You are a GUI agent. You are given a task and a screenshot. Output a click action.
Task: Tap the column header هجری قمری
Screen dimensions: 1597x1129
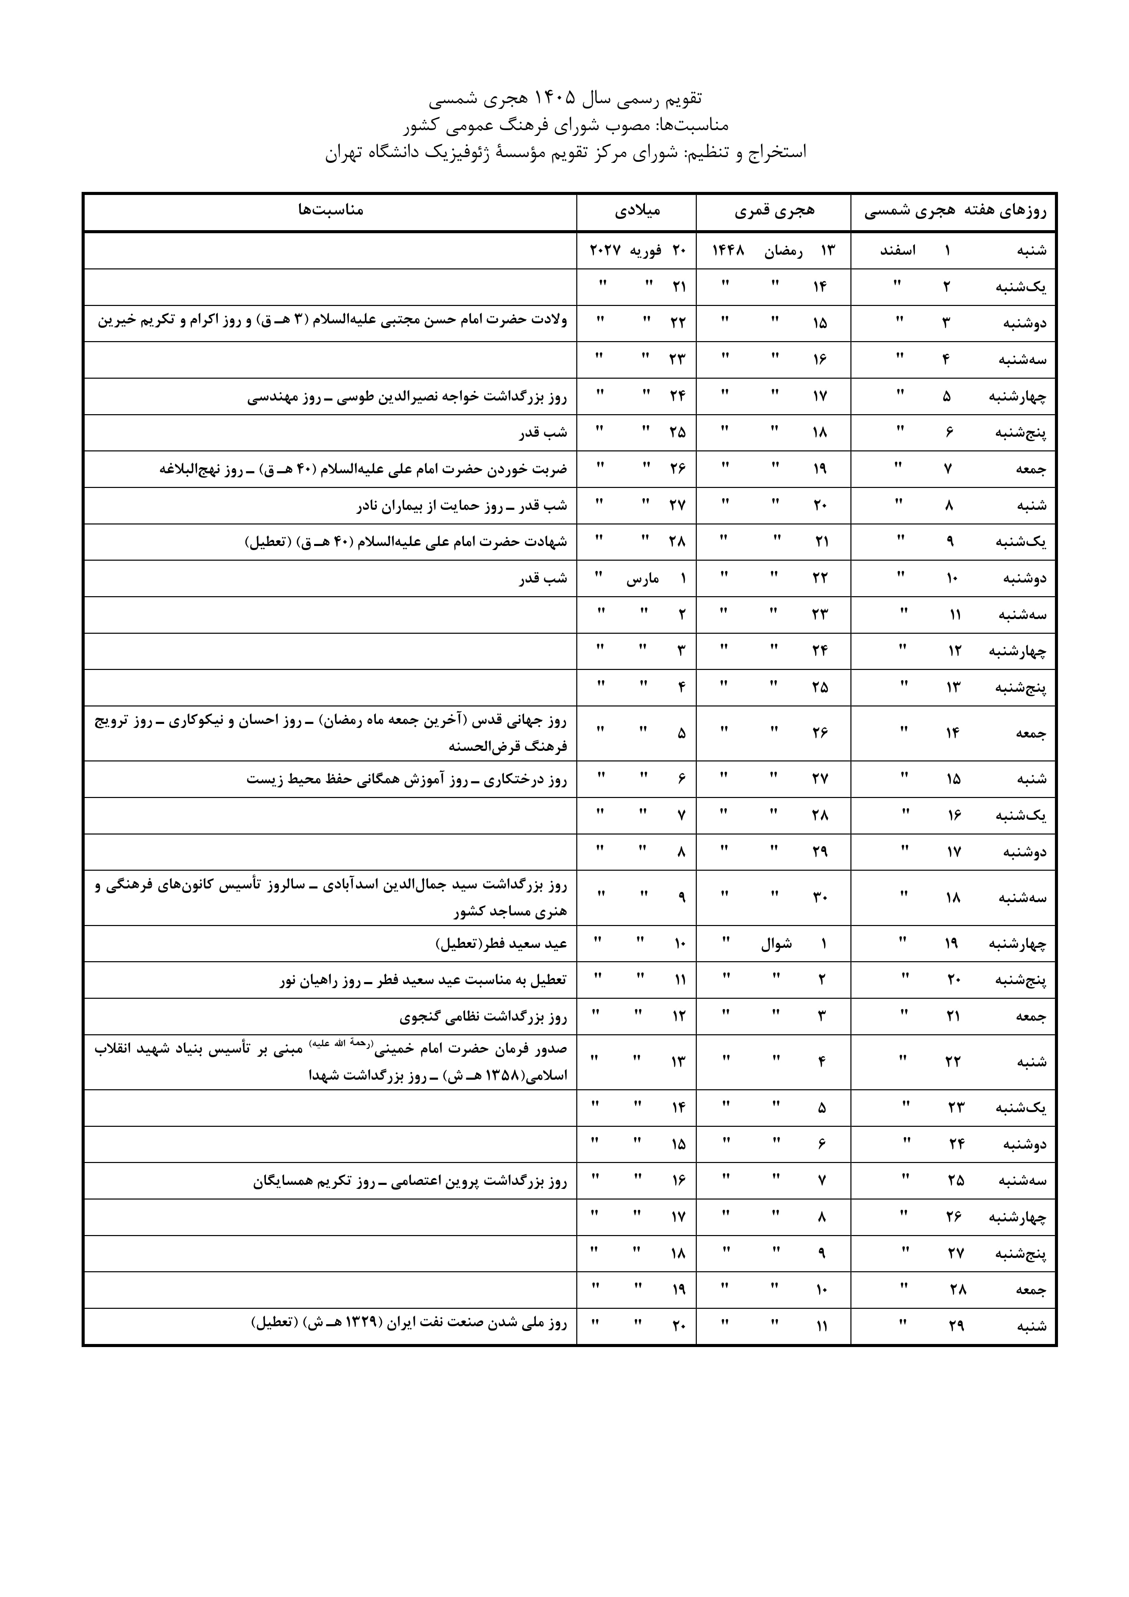point(774,210)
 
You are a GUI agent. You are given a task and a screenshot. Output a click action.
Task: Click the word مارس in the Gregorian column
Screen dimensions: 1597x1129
point(643,578)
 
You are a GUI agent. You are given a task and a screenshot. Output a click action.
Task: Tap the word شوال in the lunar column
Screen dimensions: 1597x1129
point(776,944)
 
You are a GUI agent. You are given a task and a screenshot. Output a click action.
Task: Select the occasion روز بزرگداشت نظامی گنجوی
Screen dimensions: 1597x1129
point(483,1017)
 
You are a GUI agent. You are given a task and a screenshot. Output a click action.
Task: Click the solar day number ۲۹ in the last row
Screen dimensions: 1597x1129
point(956,1326)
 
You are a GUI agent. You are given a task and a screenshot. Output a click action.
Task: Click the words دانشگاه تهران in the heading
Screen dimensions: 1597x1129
point(367,152)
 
